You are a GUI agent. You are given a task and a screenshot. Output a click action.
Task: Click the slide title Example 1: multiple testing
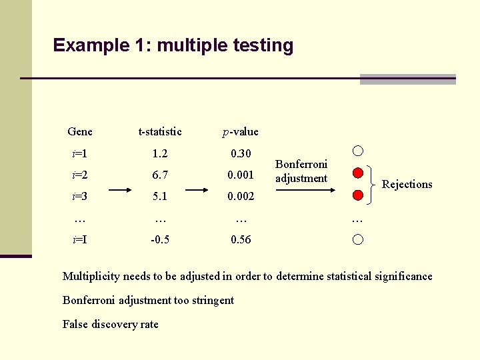pos(173,45)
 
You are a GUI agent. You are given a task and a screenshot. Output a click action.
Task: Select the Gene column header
pos(80,131)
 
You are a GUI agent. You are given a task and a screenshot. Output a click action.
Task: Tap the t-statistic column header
pos(160,131)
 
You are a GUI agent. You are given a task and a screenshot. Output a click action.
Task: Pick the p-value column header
pos(241,131)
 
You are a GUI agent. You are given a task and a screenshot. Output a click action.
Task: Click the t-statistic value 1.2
pos(160,154)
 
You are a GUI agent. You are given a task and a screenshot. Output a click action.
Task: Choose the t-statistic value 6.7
pos(160,175)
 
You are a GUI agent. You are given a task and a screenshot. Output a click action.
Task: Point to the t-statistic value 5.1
pos(160,197)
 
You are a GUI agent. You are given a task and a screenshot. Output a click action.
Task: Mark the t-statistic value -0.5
pos(160,239)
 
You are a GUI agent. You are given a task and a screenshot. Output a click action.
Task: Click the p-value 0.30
pos(241,154)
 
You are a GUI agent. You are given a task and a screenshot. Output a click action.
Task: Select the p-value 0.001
pos(241,175)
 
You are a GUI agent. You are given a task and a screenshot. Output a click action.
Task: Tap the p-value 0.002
pos(241,197)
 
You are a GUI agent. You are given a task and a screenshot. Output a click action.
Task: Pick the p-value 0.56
pos(241,239)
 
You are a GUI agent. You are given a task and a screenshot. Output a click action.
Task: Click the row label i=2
pos(80,175)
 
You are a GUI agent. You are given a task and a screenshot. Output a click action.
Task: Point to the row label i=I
pos(80,239)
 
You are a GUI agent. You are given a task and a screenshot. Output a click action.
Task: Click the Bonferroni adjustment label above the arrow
pos(301,171)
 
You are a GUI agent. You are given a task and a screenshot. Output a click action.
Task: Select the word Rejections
pos(407,185)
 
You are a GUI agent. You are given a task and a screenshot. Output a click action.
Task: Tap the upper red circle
pos(358,174)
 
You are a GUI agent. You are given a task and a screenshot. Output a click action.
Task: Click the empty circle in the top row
pos(358,151)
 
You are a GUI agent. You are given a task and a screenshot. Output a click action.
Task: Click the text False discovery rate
pos(111,324)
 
